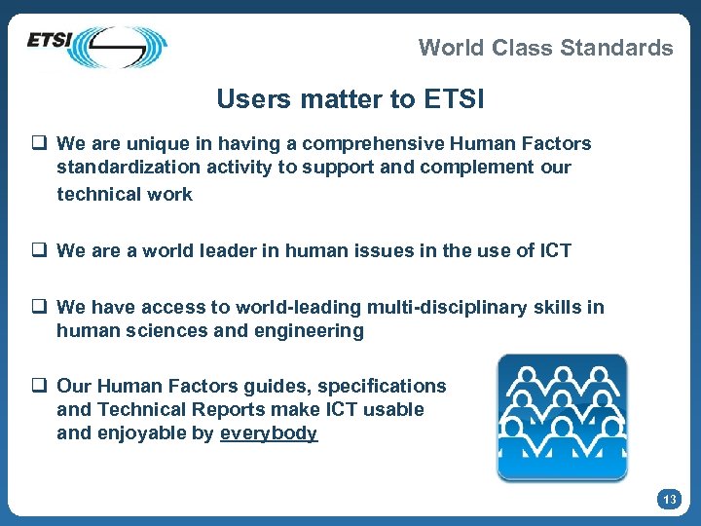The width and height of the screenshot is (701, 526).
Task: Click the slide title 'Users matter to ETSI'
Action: [x=350, y=99]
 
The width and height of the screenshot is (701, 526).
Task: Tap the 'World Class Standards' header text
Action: [x=545, y=48]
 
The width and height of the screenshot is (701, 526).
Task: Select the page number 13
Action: [x=669, y=500]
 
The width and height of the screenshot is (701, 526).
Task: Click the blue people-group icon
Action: [x=562, y=417]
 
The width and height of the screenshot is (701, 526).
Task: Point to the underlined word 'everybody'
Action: [x=269, y=433]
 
